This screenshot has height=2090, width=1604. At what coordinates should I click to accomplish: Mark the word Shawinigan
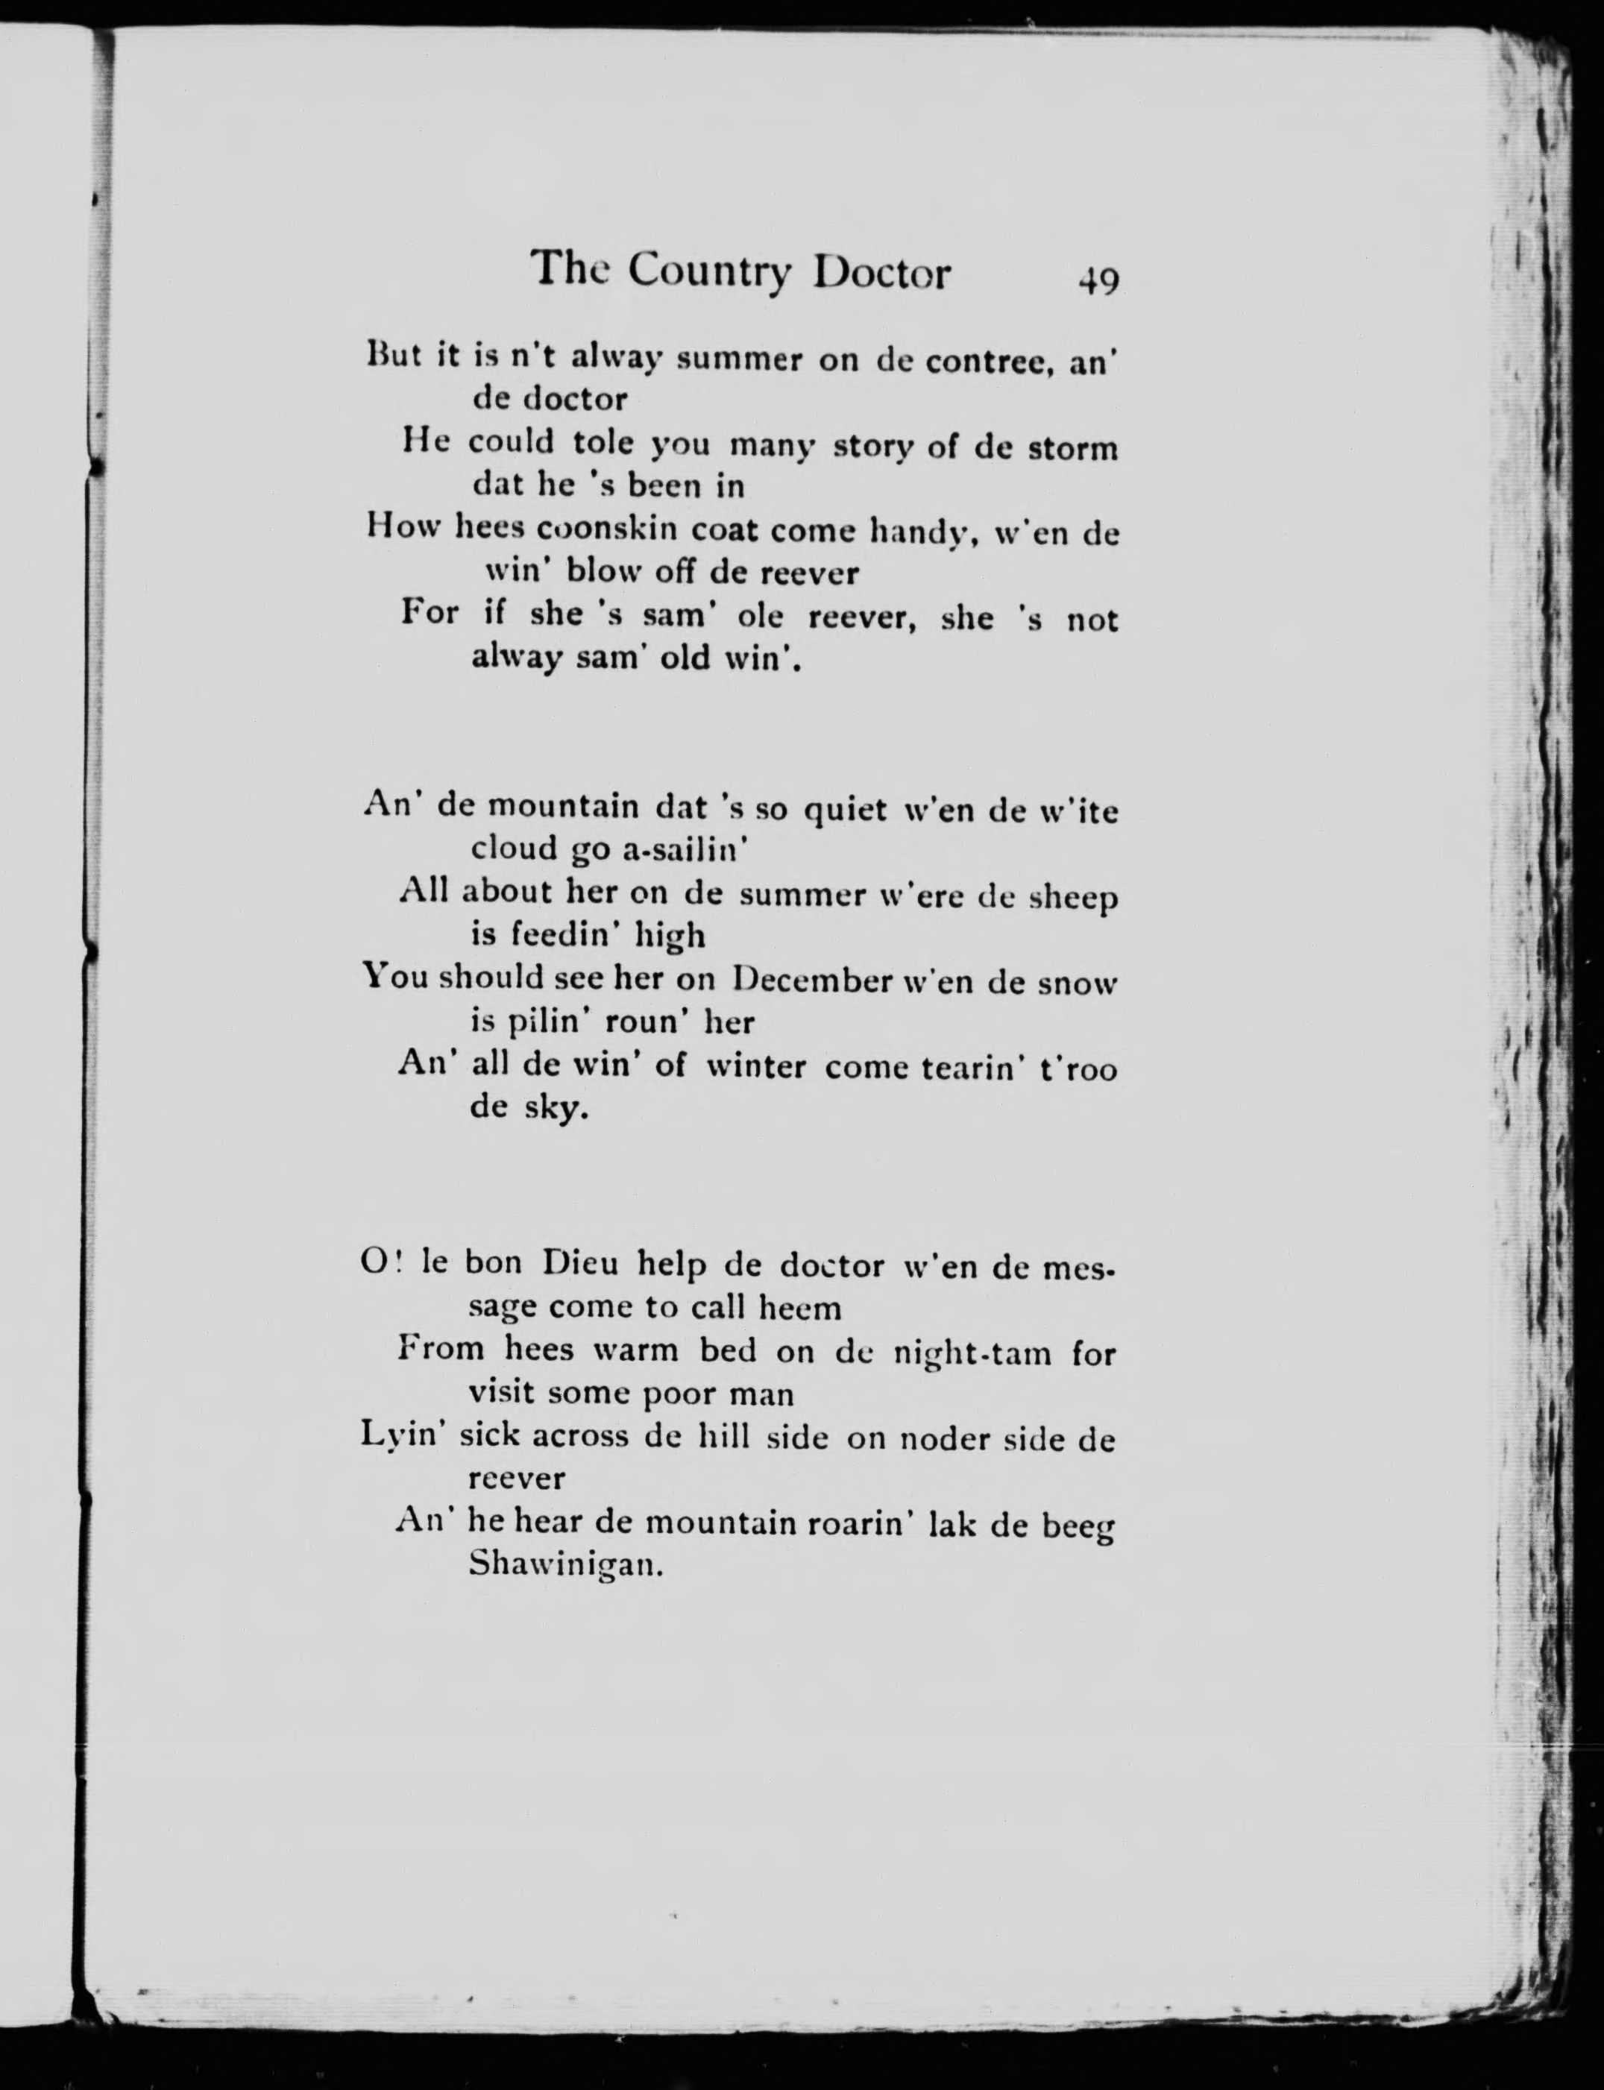[565, 1566]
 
